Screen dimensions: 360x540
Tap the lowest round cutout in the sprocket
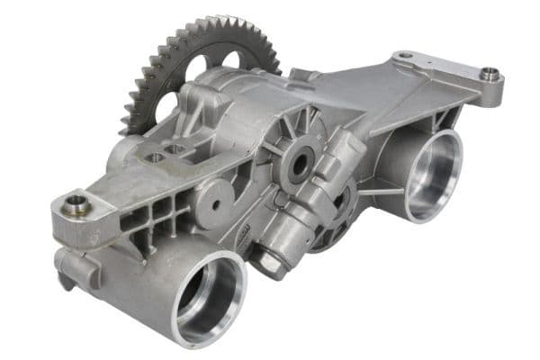167,106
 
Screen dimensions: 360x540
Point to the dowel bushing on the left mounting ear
76,202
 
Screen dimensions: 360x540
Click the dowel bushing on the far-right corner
490,75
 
